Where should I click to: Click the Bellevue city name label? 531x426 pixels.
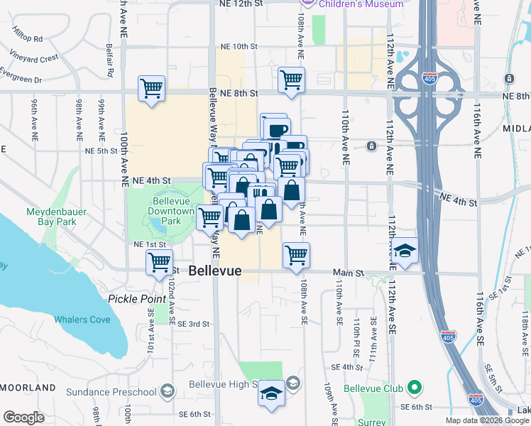(215, 271)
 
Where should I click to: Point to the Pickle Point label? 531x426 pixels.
(137, 299)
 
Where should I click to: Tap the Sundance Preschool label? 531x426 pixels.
(111, 392)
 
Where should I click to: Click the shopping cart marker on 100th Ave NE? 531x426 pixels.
(151, 89)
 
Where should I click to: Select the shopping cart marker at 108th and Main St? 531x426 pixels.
(296, 256)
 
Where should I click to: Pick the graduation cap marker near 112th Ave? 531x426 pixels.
(405, 251)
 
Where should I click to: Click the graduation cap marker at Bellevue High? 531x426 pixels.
(270, 394)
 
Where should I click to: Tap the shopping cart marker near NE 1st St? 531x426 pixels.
(159, 261)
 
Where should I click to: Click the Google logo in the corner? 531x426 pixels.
(23, 417)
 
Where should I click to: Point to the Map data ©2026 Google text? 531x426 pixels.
(487, 420)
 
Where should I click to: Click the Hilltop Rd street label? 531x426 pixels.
(27, 38)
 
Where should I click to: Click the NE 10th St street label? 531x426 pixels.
(239, 46)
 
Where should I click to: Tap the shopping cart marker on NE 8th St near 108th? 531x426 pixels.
(291, 80)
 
